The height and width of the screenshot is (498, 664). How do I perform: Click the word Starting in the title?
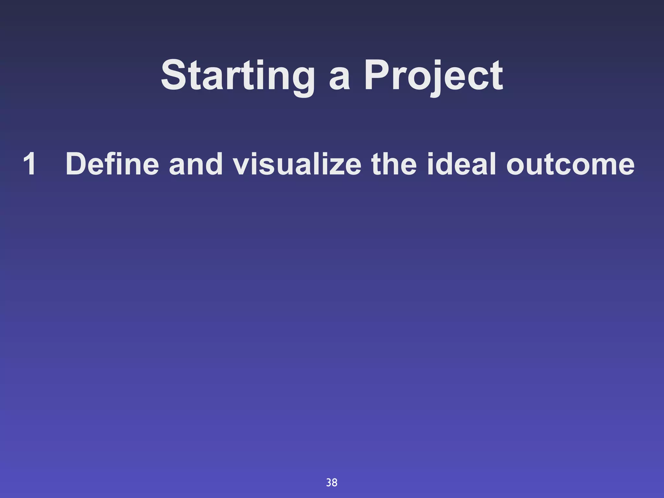coord(238,76)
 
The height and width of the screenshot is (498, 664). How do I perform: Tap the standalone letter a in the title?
coord(339,79)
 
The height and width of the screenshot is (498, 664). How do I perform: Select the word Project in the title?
coord(433,76)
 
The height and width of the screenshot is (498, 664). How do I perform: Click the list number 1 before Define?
coord(30,164)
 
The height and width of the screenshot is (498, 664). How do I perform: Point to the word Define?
coord(112,164)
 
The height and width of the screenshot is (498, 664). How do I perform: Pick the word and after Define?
coord(196,164)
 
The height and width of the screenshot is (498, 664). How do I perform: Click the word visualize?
coord(297,164)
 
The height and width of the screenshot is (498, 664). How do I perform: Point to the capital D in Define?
coord(77,164)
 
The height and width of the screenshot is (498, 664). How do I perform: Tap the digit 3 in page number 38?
coord(329,483)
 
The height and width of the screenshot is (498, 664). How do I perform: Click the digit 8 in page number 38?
coord(335,483)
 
